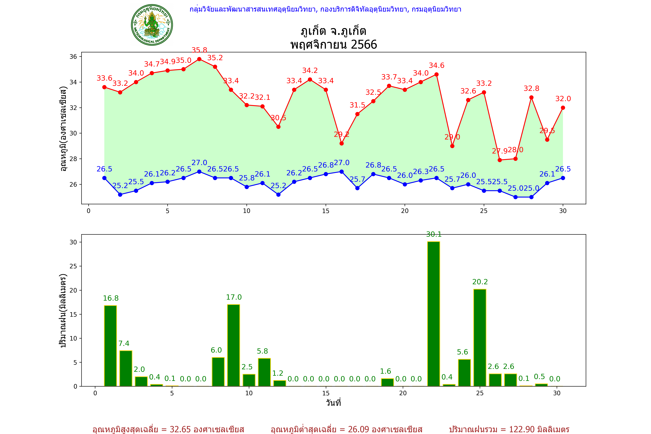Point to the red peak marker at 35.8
point(199,59)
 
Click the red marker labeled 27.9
point(500,160)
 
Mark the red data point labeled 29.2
point(342,143)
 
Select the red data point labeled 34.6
point(436,75)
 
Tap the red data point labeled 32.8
point(531,97)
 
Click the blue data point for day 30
point(563,178)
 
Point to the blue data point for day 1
point(104,178)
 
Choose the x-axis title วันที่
point(333,403)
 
